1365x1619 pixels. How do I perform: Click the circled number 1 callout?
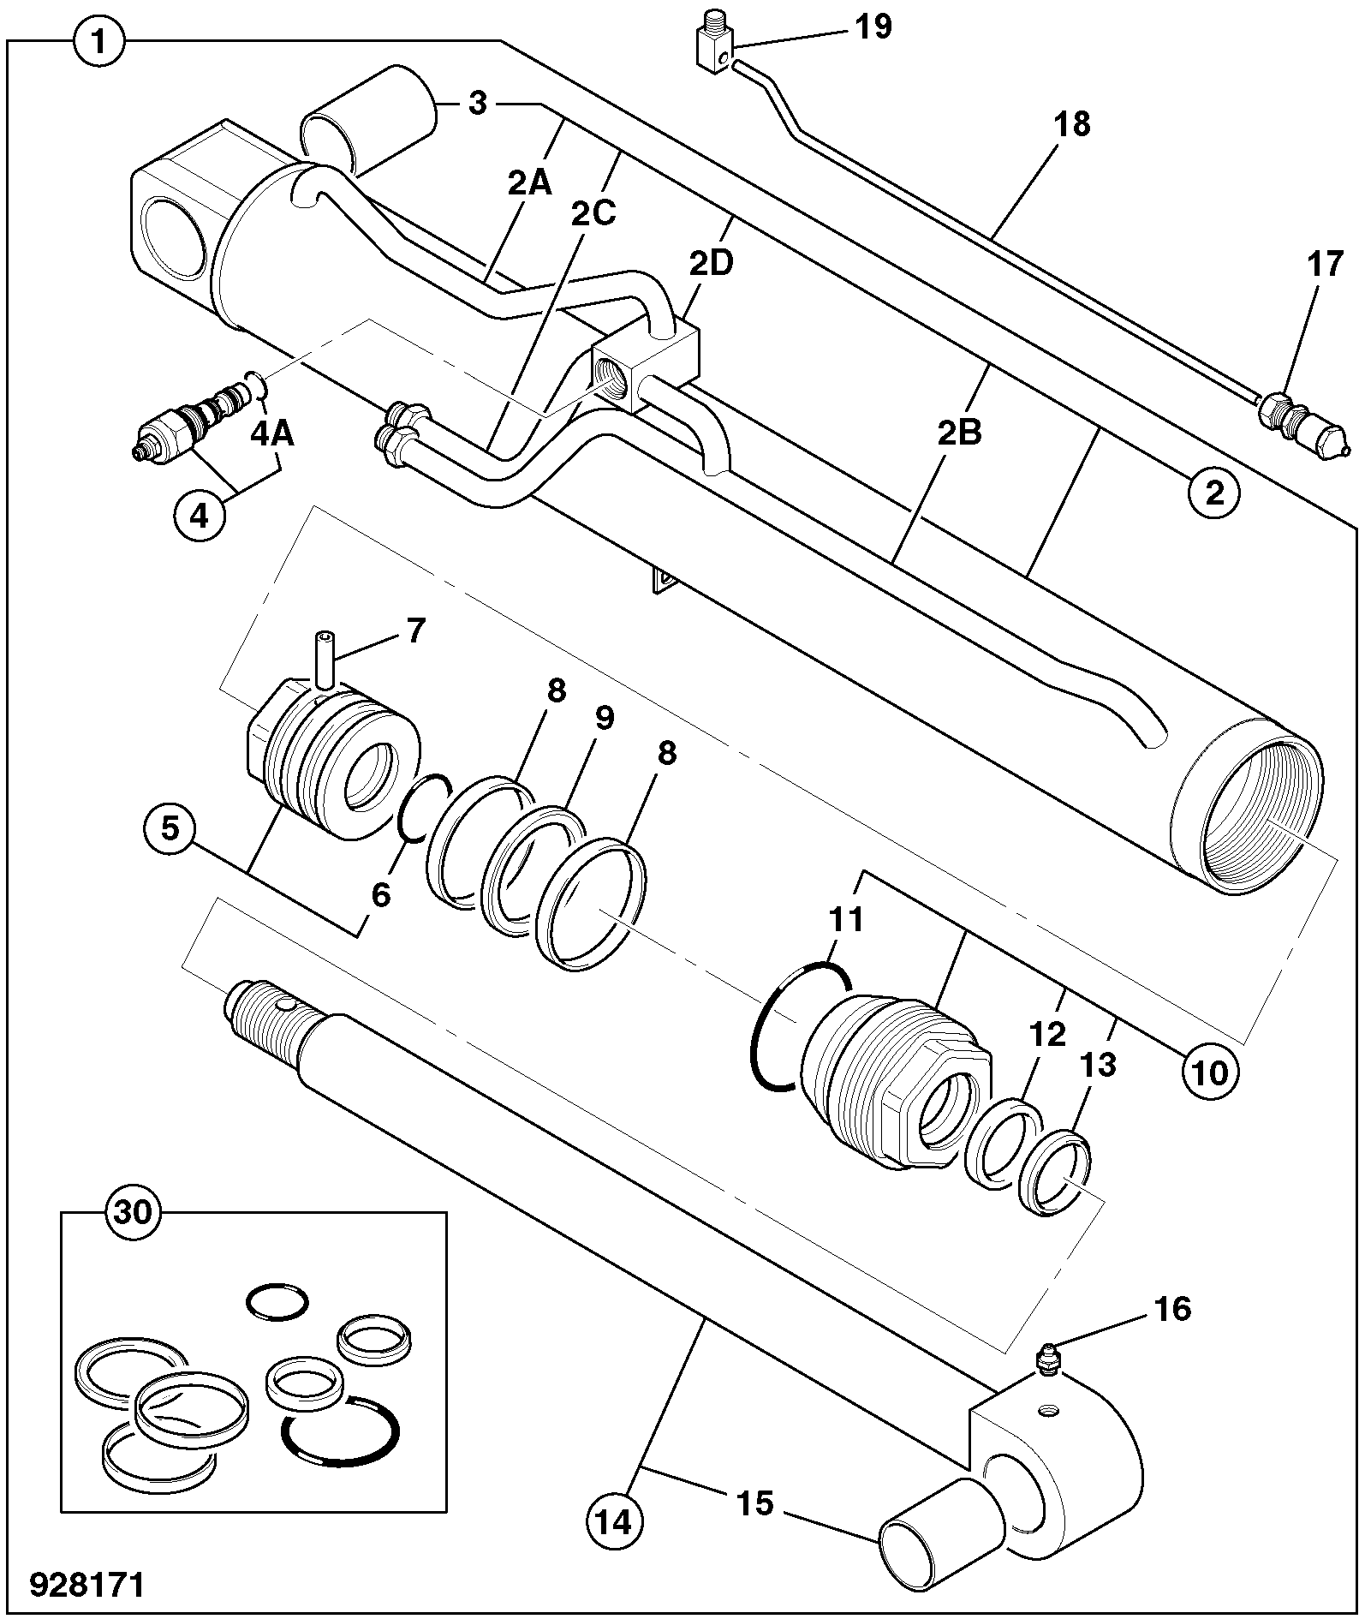[100, 40]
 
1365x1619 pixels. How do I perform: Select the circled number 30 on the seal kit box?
[132, 1213]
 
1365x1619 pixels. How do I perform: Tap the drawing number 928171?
[87, 1584]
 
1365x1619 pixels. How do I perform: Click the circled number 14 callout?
[614, 1521]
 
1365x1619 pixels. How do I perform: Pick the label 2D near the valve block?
[712, 264]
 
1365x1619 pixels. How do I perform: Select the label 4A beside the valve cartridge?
[272, 433]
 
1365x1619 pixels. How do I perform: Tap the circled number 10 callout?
[1210, 1071]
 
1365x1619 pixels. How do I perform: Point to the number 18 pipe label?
[1074, 125]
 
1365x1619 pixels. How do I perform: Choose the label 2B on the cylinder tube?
[958, 433]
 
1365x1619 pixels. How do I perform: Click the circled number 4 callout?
[199, 517]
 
